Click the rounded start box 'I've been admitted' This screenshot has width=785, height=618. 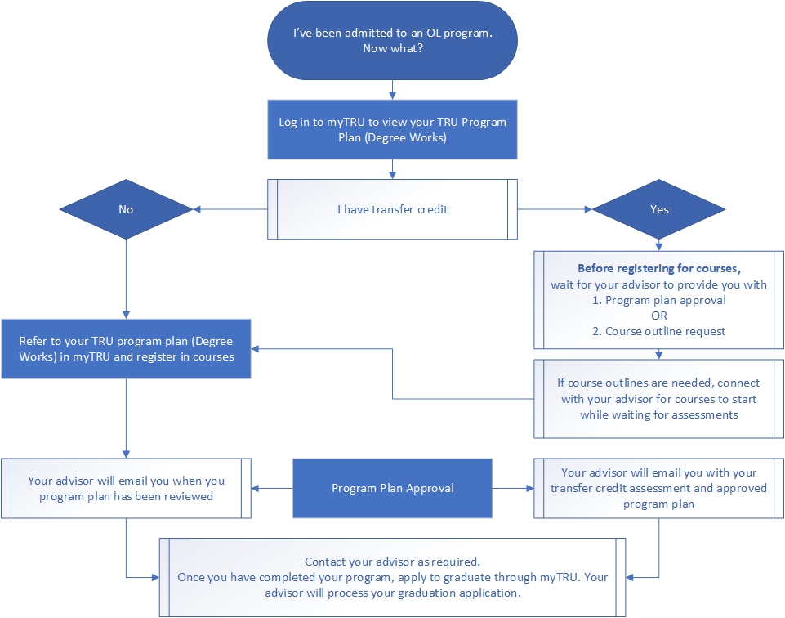(x=392, y=41)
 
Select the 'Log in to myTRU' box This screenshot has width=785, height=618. (x=392, y=129)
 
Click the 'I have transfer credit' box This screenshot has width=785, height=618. (x=392, y=209)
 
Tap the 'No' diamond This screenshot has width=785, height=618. (x=125, y=209)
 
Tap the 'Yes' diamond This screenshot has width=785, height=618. (x=659, y=209)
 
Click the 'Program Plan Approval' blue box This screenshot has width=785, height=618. (x=392, y=488)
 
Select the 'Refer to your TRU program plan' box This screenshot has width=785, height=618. (x=126, y=349)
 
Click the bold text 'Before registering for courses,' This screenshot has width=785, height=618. (x=658, y=268)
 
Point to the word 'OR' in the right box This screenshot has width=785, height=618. (x=658, y=316)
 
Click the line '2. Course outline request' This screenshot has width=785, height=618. (x=658, y=331)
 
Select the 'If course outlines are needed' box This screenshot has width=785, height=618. (x=658, y=398)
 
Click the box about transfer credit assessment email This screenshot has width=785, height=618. (x=658, y=488)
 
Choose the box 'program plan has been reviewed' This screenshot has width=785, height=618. (x=126, y=488)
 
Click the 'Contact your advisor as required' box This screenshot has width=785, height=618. (x=392, y=577)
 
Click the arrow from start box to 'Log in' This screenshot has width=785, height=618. (x=393, y=87)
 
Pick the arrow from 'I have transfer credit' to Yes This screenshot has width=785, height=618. (x=555, y=209)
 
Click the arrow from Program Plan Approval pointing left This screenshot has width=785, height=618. (x=272, y=488)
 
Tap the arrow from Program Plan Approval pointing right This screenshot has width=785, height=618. (x=513, y=488)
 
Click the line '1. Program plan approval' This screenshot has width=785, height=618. (x=658, y=300)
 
